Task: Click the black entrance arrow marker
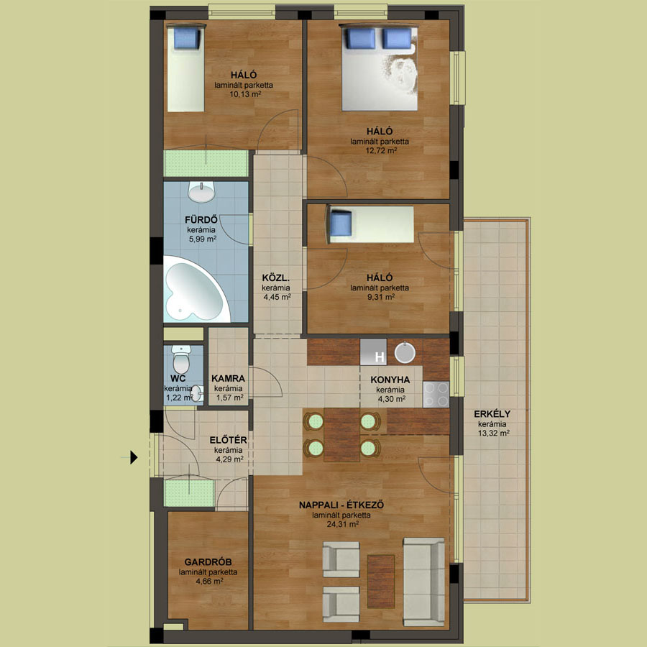[134, 457]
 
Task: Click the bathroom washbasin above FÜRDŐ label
[201, 192]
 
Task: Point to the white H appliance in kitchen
[373, 352]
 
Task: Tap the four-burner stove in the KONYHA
[436, 395]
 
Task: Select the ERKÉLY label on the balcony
[492, 414]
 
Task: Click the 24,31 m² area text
[342, 525]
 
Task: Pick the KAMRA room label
[228, 378]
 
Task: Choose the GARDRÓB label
[208, 562]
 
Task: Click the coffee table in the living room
[381, 582]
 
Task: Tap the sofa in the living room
[423, 582]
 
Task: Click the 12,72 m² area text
[381, 151]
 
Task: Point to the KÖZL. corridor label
[276, 277]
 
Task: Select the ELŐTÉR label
[228, 440]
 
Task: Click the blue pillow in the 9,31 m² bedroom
[341, 224]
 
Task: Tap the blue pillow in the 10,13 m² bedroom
[187, 38]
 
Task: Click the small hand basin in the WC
[197, 393]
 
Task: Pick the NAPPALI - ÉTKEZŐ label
[341, 505]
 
